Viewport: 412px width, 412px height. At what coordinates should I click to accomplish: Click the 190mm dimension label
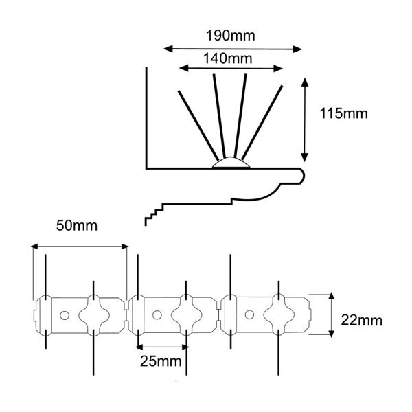(x=231, y=36)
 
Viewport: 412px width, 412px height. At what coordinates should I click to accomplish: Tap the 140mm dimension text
(x=227, y=58)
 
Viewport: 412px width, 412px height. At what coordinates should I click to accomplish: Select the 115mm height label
(x=343, y=113)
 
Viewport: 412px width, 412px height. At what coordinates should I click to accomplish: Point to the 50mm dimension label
(x=77, y=225)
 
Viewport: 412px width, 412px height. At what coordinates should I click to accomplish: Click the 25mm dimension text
(x=161, y=361)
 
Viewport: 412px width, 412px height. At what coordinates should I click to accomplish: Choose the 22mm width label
(x=362, y=320)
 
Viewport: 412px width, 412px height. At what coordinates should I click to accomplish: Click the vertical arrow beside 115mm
(x=304, y=119)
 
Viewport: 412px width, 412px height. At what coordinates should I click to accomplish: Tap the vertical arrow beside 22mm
(x=332, y=314)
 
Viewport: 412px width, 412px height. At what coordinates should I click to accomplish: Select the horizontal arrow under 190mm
(x=233, y=49)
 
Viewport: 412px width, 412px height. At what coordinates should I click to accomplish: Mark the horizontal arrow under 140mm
(x=231, y=68)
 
